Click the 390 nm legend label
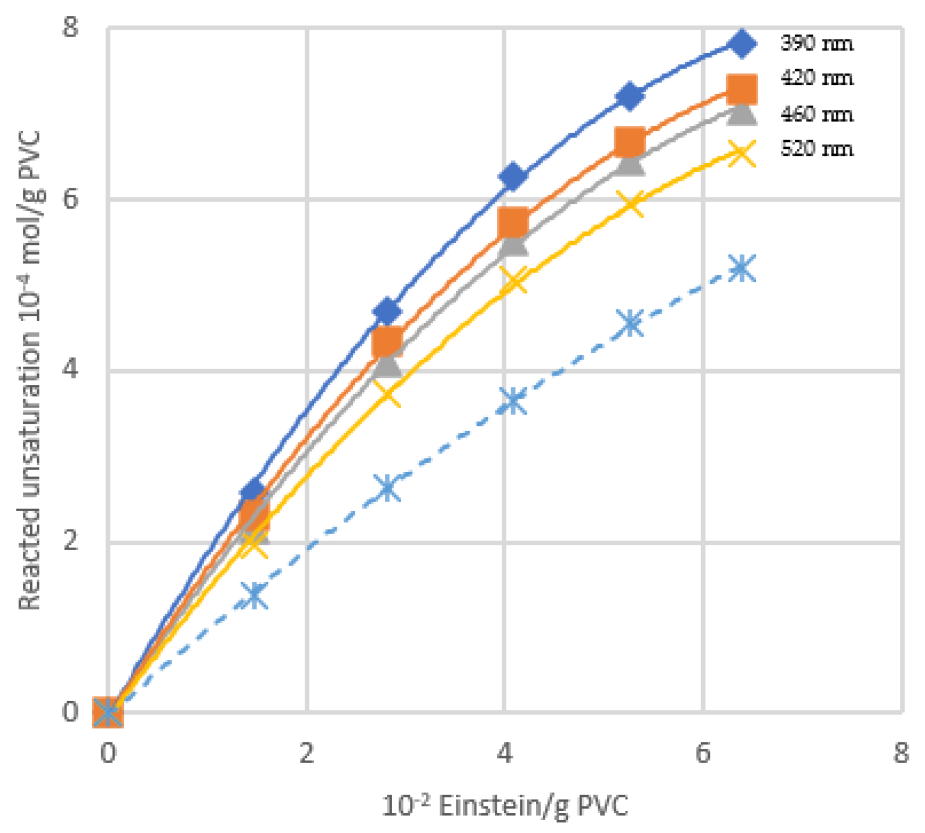(x=816, y=43)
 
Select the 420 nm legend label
(x=816, y=78)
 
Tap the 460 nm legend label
(x=816, y=114)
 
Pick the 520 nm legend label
(x=816, y=149)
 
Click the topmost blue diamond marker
(x=742, y=44)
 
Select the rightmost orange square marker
(x=742, y=89)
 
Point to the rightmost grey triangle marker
(x=742, y=112)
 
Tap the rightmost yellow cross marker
(x=742, y=153)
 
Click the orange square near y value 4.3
(x=387, y=341)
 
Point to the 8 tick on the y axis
(x=70, y=27)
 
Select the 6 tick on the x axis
(x=703, y=753)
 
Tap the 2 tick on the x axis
(x=306, y=753)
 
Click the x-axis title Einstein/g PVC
(x=505, y=806)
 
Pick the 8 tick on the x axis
(x=901, y=753)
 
